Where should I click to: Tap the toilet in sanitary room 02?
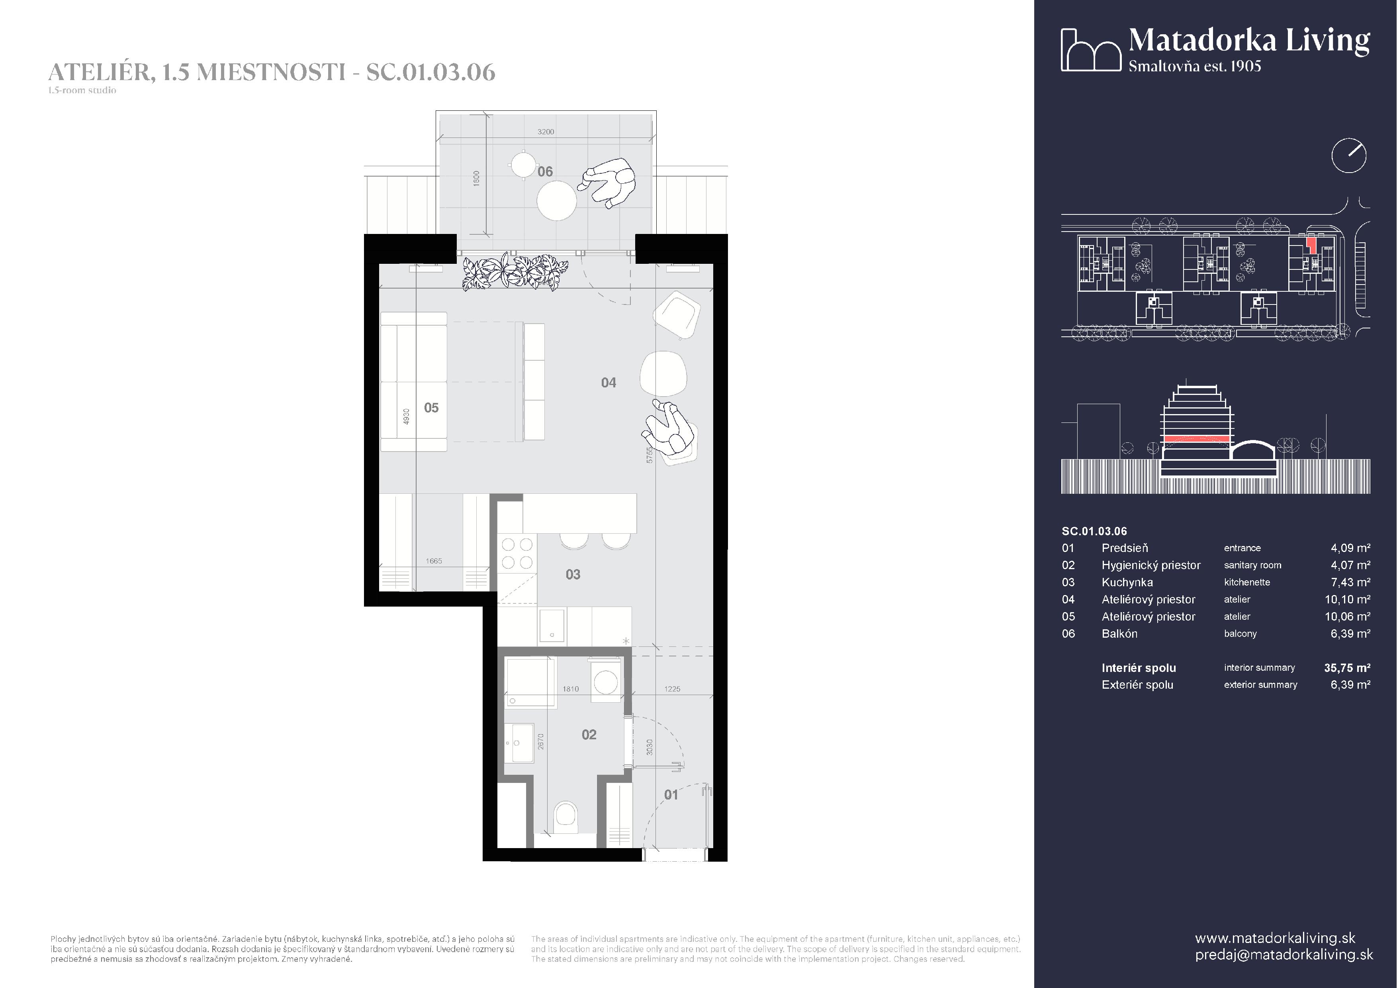tap(566, 818)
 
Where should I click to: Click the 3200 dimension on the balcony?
tap(546, 132)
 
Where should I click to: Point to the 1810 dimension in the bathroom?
tap(570, 689)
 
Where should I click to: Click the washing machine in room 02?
tap(605, 681)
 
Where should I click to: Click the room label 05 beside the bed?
tap(431, 408)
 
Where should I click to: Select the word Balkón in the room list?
tap(1119, 634)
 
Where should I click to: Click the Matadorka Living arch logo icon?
tap(1091, 50)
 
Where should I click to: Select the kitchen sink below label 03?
tap(552, 627)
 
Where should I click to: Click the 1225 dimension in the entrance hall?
tap(672, 689)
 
